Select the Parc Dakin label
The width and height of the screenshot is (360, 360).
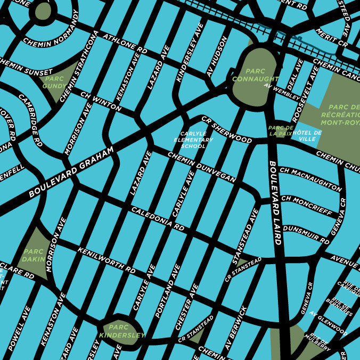(x=33, y=256)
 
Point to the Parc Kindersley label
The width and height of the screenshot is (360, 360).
(x=122, y=331)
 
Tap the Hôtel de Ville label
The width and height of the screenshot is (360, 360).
(x=307, y=135)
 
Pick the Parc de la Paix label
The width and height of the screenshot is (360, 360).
(x=281, y=131)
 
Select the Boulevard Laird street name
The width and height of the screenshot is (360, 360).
(x=275, y=202)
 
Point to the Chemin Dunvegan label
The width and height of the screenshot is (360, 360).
(x=202, y=167)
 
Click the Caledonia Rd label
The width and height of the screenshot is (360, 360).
(x=158, y=218)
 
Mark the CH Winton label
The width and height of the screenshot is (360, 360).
(x=101, y=101)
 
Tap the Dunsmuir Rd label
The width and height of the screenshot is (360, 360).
(x=306, y=234)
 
